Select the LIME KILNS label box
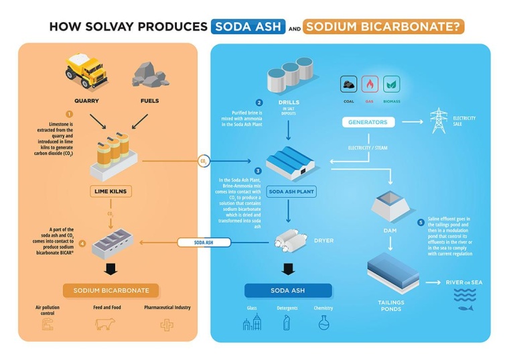[x=111, y=192]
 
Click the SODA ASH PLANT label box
[x=291, y=191]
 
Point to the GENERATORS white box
[x=368, y=122]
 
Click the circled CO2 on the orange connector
[x=204, y=161]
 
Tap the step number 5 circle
[x=421, y=222]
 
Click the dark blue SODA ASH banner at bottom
[x=288, y=290]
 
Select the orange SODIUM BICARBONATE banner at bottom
[x=111, y=290]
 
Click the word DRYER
[x=323, y=239]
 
